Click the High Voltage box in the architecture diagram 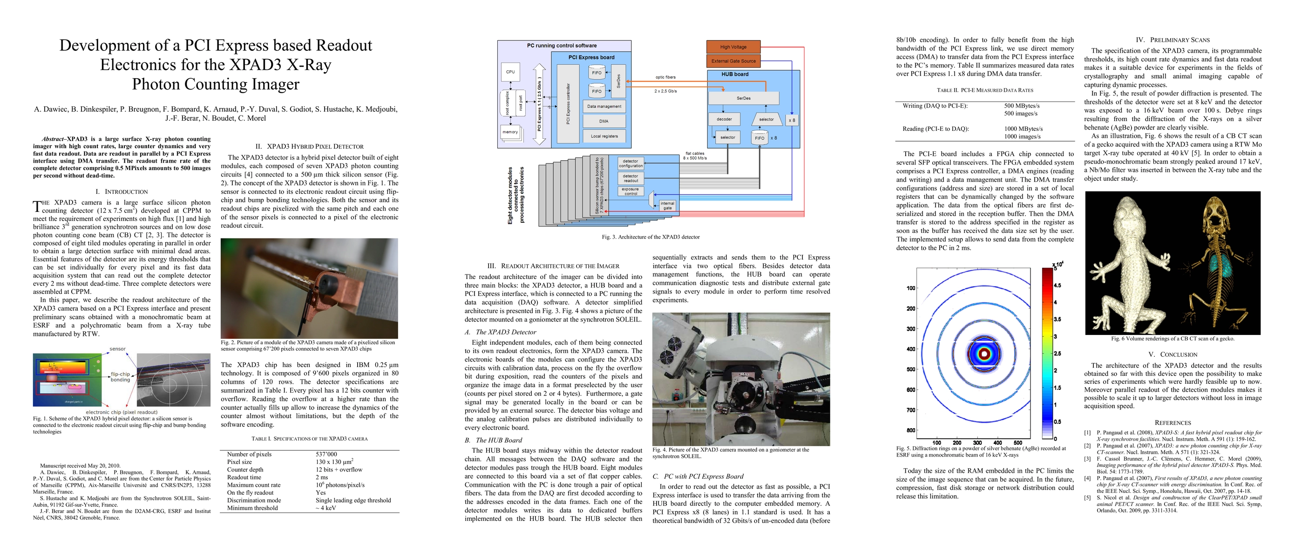pos(733,47)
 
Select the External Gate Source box pos(733,61)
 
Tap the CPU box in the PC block pos(510,72)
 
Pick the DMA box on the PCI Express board pos(604,121)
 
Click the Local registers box pos(604,136)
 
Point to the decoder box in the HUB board pos(724,119)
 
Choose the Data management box pos(604,107)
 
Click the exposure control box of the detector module pos(631,191)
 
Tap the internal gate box pos(667,205)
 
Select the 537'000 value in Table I pos(326,454)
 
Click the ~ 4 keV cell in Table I pos(326,508)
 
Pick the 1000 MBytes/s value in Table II pos(1024,129)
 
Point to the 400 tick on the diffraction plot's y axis pos(910,349)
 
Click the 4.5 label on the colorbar pos(1058,286)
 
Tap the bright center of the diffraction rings pos(984,354)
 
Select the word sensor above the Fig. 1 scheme pos(118,349)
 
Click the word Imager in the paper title pos(271,84)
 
